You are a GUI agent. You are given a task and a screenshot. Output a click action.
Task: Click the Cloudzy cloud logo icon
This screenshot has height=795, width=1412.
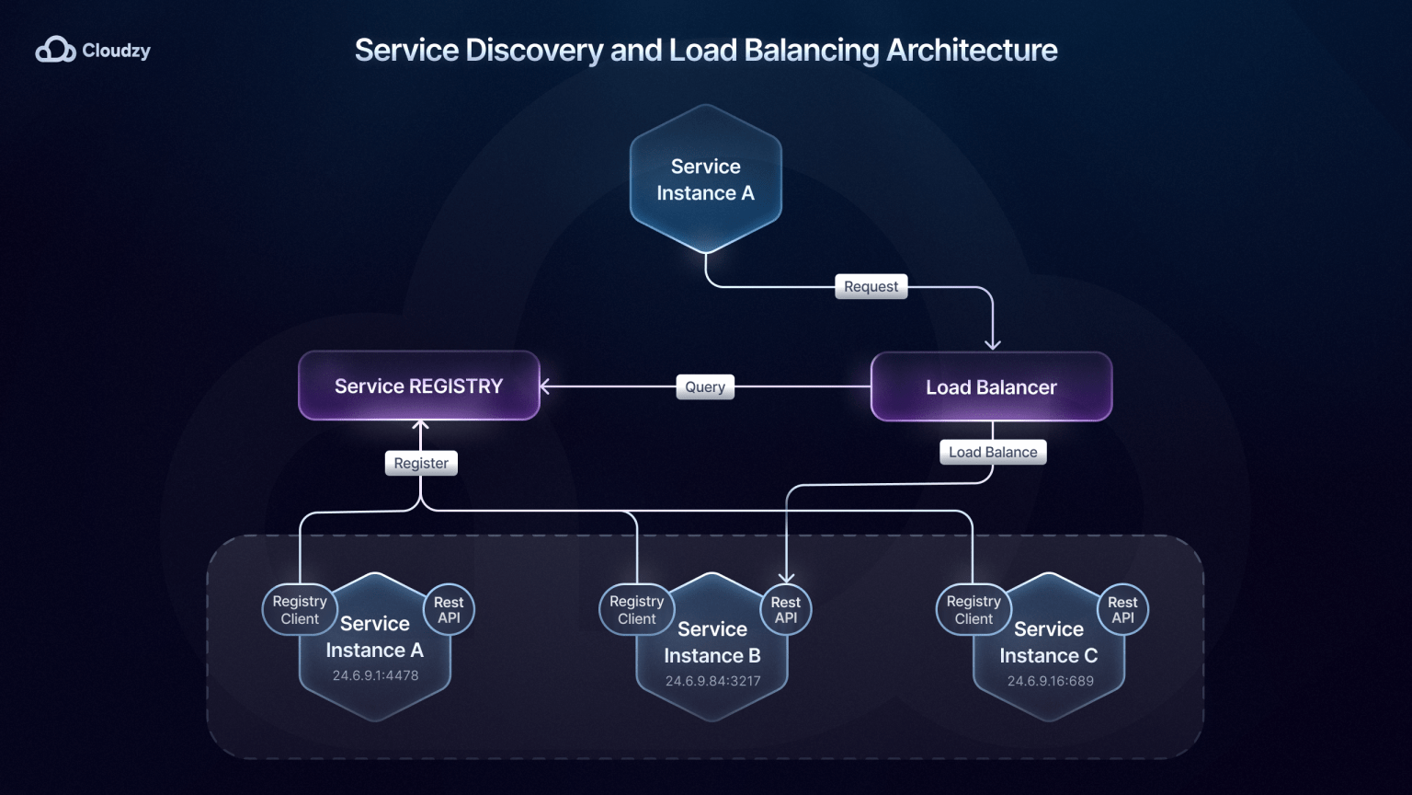[x=55, y=50]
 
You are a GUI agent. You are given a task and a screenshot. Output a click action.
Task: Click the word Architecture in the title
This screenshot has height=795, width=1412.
[x=972, y=50]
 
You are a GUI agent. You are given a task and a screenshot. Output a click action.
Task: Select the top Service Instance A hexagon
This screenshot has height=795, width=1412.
[x=705, y=179]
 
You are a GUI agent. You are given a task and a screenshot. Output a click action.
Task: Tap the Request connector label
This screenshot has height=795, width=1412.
[x=871, y=286]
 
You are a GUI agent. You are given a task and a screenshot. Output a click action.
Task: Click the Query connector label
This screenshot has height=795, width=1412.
[x=705, y=386]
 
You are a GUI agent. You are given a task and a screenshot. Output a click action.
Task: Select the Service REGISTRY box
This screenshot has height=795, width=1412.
[x=419, y=386]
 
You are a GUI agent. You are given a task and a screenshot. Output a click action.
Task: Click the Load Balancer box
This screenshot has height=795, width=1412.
[x=991, y=387]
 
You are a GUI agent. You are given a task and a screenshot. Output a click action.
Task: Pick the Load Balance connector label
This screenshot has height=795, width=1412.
[x=993, y=452]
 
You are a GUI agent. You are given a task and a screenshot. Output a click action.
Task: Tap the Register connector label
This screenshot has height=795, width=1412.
[x=421, y=463]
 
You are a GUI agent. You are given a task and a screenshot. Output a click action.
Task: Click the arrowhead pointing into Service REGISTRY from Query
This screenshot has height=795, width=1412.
[x=545, y=386]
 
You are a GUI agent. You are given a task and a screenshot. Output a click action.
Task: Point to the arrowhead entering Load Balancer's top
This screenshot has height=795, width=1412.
[x=993, y=345]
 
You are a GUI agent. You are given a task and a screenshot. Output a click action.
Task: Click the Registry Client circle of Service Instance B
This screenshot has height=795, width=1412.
[x=636, y=610]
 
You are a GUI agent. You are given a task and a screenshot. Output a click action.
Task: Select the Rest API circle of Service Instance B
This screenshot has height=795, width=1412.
[x=786, y=610]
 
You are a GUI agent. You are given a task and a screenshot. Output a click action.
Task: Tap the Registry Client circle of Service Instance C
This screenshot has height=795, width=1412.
[x=974, y=610]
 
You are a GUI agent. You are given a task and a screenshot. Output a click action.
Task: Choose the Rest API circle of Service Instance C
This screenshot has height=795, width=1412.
[x=1122, y=610]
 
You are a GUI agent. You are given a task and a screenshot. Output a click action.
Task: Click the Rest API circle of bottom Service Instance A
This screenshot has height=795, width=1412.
[x=449, y=610]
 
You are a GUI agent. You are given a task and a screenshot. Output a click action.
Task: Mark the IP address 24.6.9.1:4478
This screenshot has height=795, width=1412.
[x=375, y=675]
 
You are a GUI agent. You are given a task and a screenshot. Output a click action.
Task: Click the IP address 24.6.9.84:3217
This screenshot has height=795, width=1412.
[x=712, y=681]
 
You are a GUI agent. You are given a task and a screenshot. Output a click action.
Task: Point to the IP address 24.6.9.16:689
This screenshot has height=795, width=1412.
[x=1050, y=681]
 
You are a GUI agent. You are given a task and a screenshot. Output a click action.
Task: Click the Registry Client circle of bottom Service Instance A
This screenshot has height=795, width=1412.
[x=300, y=610]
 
